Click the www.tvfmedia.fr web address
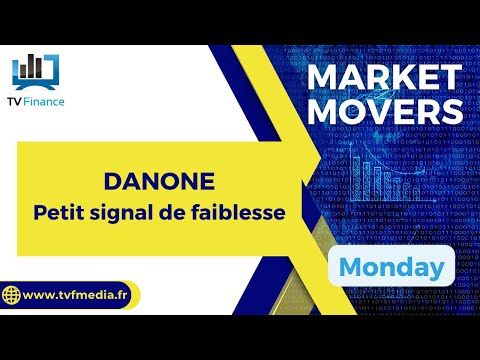[76, 296]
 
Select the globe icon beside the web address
[13, 297]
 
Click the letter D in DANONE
[111, 182]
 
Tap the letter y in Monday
[436, 270]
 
